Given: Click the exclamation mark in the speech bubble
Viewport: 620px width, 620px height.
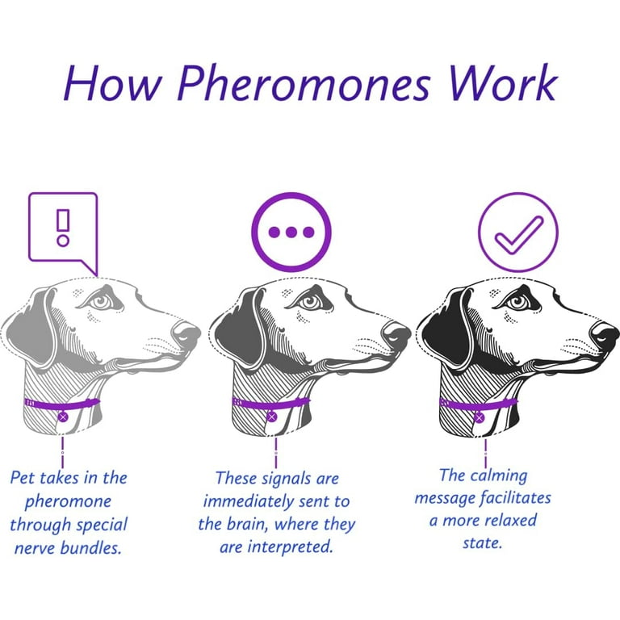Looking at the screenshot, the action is coord(63,228).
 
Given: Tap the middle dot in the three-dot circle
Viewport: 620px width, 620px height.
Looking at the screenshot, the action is coord(291,232).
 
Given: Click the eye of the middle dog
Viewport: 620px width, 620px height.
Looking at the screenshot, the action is coord(309,303).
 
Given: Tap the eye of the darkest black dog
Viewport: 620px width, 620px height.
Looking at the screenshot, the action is coord(518,303).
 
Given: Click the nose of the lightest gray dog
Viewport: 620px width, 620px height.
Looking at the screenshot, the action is coord(186,332).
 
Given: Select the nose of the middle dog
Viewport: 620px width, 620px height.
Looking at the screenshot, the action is coord(396,332).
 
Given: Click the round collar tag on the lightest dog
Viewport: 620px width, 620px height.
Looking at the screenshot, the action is coord(63,417).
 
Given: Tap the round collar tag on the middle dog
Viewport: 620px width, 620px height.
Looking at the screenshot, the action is coord(271,417).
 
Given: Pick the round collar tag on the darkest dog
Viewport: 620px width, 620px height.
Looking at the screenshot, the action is coord(480,417).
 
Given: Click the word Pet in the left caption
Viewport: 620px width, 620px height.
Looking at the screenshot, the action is coord(23,477).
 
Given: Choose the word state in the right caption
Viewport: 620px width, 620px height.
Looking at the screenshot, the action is coord(483,542).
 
